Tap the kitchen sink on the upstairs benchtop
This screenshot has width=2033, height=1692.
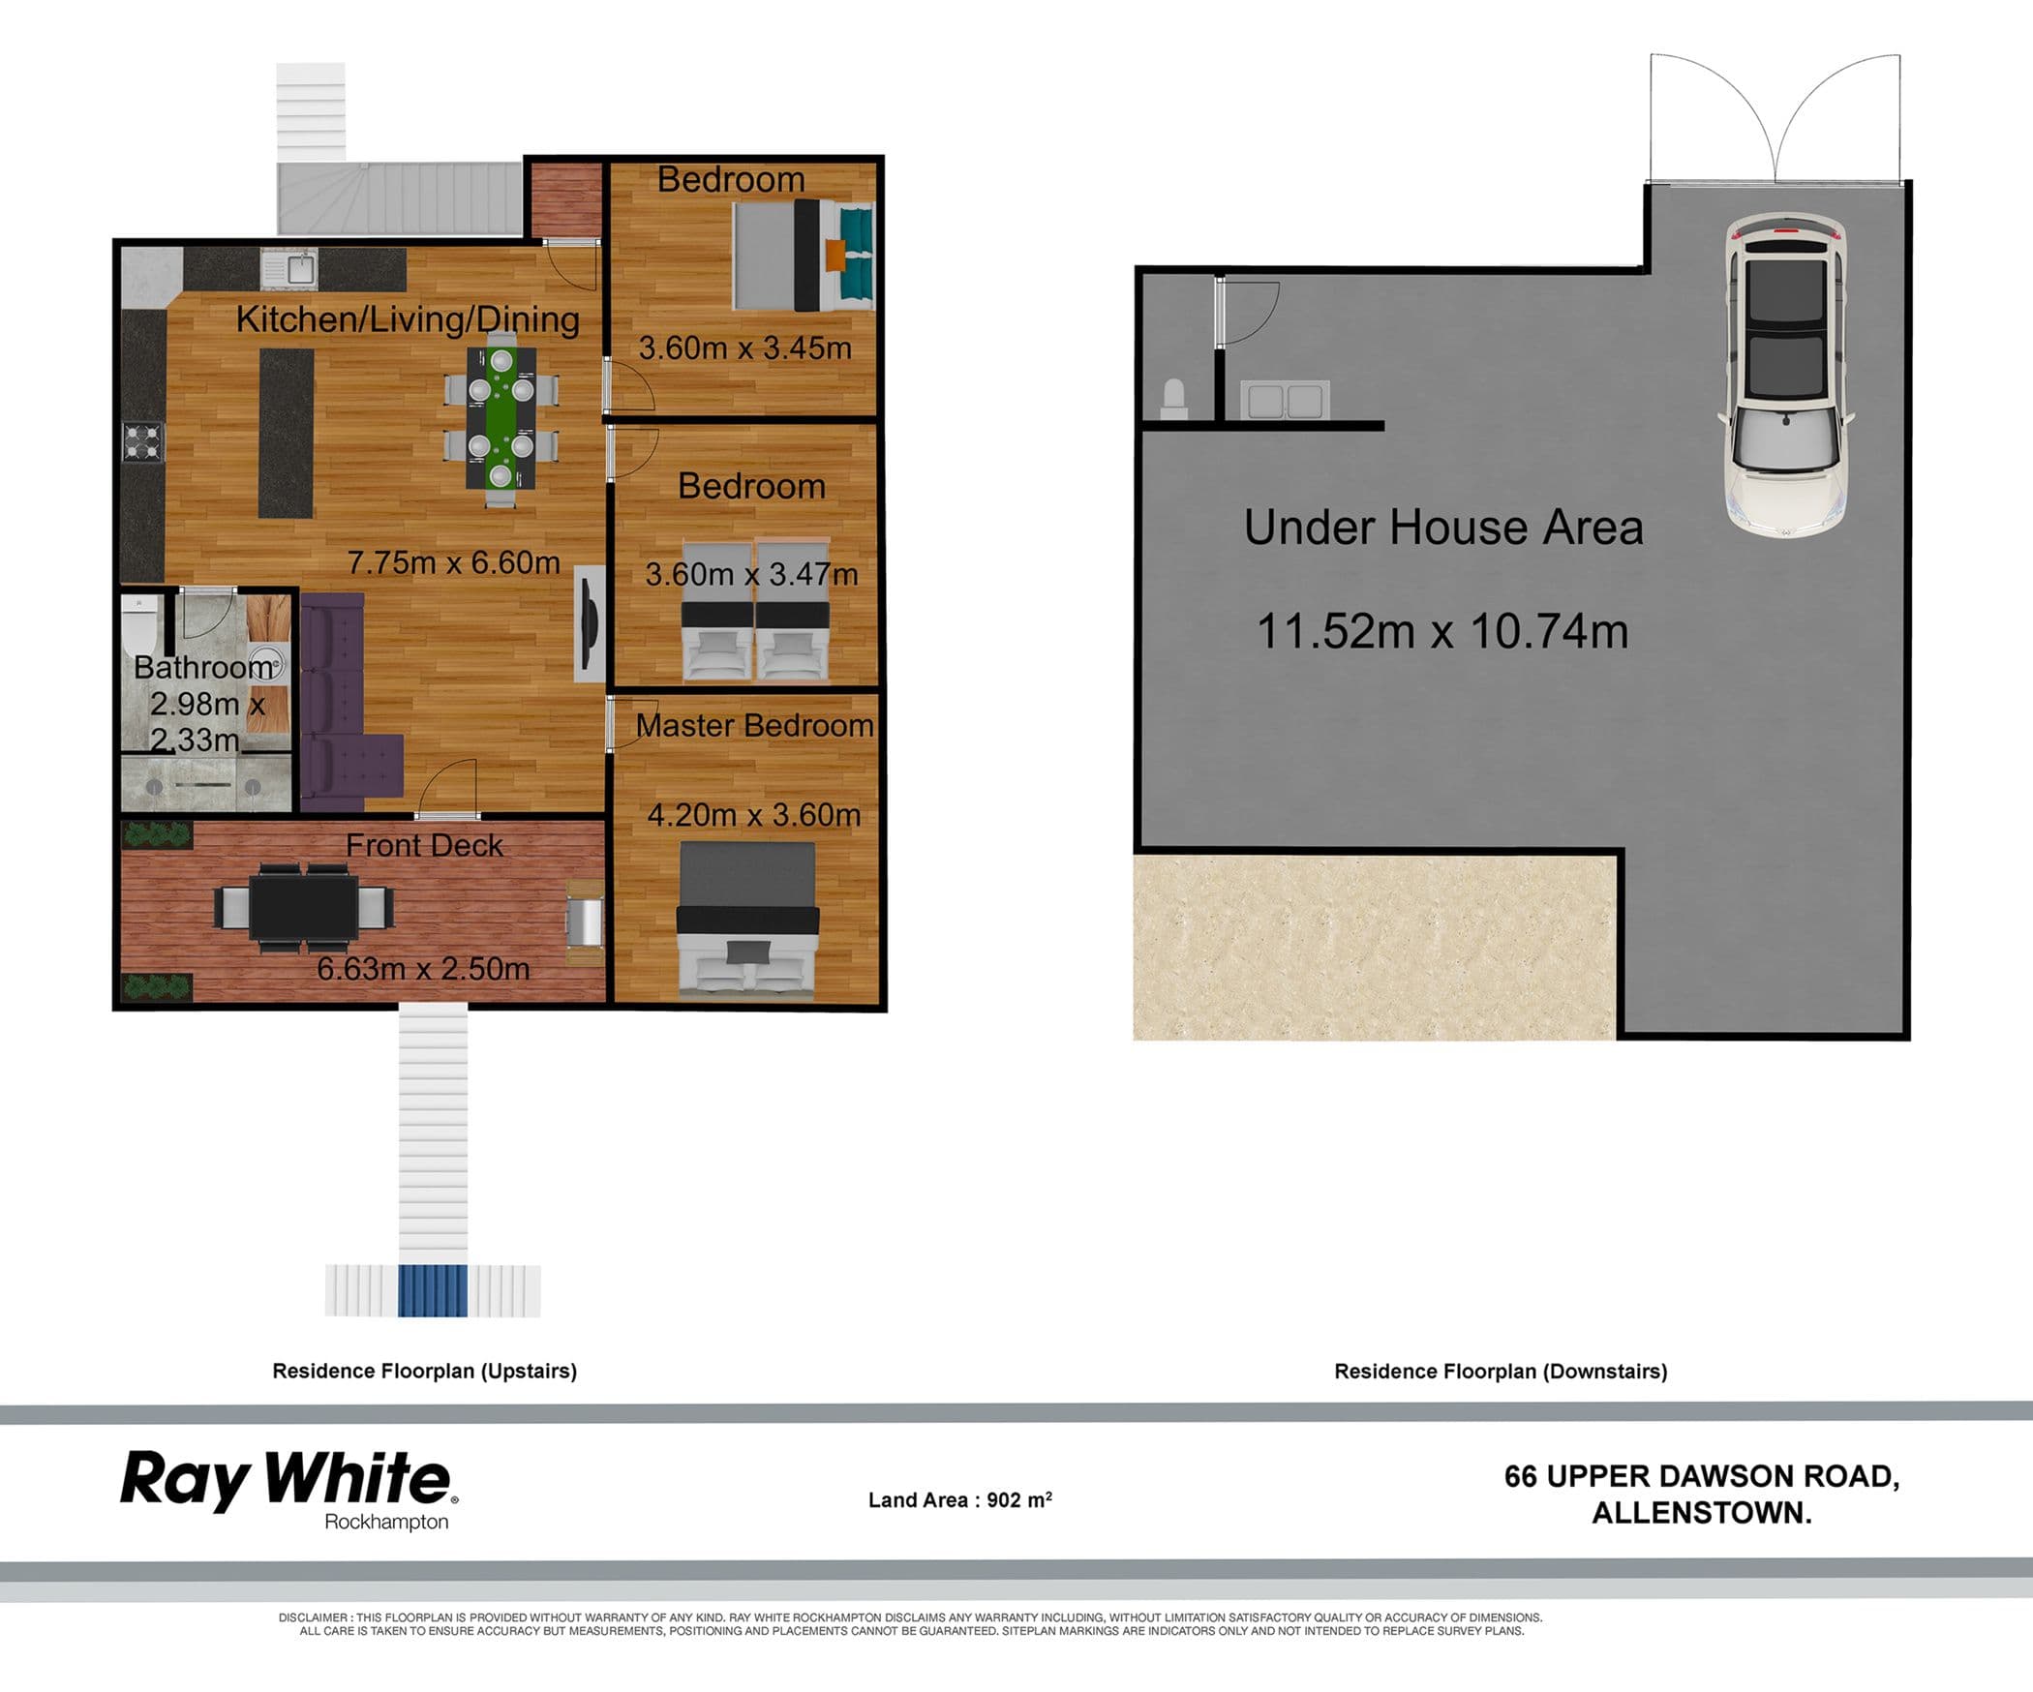click(288, 268)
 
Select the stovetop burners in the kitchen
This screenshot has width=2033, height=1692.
click(143, 443)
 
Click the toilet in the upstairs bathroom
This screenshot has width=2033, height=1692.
click(140, 626)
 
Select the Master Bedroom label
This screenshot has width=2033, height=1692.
click(755, 725)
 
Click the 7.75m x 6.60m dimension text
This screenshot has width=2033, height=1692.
click(454, 562)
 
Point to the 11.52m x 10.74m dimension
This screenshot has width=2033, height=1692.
click(1442, 631)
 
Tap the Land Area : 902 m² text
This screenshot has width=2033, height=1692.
click(960, 1499)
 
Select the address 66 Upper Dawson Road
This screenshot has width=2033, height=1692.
click(1702, 1476)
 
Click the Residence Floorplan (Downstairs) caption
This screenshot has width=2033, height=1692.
click(1501, 1372)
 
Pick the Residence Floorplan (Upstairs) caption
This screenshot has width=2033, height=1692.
click(424, 1371)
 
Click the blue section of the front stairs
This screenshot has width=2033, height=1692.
click(433, 1290)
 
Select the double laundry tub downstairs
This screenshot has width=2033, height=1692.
click(1285, 400)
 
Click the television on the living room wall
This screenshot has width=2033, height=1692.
click(589, 623)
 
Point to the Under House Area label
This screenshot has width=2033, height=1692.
click(1443, 528)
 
